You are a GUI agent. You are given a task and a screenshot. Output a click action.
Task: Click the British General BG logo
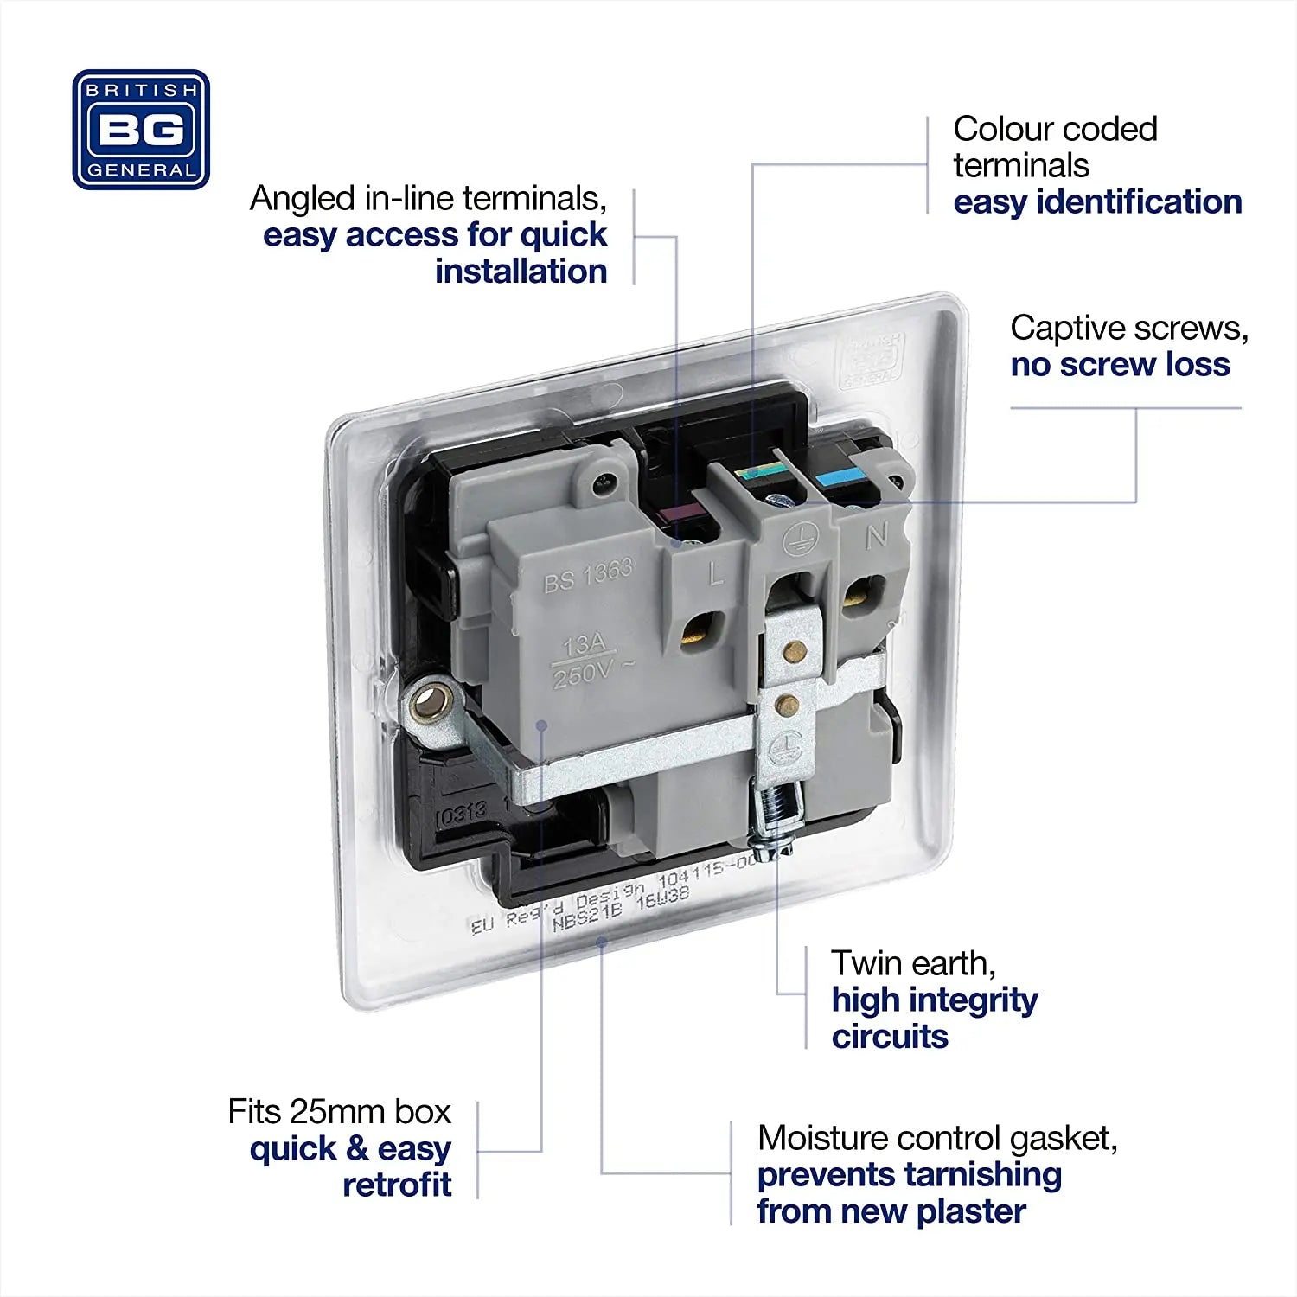[x=141, y=130]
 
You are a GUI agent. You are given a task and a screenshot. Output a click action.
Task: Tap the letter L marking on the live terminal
[x=716, y=573]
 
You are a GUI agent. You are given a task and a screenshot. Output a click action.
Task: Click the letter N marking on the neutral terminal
[x=877, y=537]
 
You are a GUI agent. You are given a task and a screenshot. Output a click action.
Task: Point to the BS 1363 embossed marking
[x=588, y=576]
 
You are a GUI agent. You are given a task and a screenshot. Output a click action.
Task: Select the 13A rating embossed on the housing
[x=585, y=644]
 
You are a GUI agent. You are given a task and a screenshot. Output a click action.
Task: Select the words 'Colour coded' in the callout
[x=1055, y=129]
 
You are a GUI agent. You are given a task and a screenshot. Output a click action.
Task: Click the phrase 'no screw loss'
[x=1120, y=364]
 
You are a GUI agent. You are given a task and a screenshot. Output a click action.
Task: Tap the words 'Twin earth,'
[x=913, y=962]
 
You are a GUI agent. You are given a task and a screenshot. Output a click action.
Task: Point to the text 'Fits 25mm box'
[x=339, y=1111]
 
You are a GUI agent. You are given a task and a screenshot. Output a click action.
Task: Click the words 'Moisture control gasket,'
[x=937, y=1138]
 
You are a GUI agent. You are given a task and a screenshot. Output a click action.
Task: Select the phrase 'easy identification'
[x=1097, y=201]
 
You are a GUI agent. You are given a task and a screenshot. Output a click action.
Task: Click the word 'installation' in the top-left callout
[x=521, y=272]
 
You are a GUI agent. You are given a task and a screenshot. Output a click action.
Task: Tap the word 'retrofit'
[x=397, y=1185]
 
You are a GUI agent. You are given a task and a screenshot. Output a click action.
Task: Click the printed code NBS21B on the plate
[x=587, y=915]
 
